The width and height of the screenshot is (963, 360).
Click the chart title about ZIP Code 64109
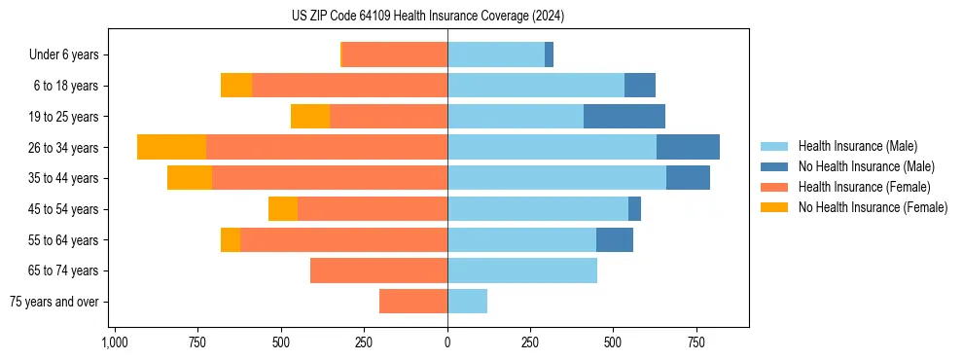tap(427, 17)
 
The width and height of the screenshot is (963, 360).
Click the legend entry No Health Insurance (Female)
tap(873, 207)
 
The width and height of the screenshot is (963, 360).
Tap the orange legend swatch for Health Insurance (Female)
tap(774, 187)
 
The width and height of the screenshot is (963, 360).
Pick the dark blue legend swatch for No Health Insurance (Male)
tap(774, 166)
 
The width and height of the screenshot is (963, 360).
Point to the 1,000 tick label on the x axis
tap(115, 342)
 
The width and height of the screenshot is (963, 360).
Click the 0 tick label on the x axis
tap(447, 342)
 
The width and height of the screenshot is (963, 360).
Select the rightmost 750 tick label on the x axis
tap(696, 342)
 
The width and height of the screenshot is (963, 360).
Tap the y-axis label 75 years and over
tap(54, 302)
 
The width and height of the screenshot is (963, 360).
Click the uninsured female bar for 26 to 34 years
tap(171, 147)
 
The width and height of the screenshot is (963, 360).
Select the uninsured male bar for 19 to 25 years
tap(624, 117)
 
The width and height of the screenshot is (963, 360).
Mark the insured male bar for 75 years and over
tap(467, 302)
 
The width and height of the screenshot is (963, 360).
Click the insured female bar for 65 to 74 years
tap(378, 270)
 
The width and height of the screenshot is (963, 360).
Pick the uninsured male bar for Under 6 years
tap(549, 54)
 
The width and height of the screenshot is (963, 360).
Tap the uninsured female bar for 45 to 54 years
tap(283, 209)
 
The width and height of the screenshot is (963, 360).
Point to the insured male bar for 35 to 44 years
tap(556, 178)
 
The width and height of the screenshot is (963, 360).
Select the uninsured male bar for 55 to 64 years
tap(615, 239)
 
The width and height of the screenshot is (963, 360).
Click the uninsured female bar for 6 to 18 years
tap(236, 86)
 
